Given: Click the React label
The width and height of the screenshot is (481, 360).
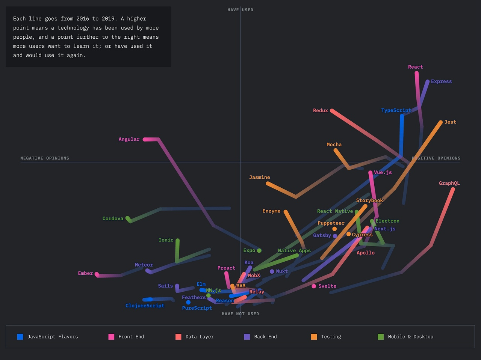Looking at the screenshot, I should point(415,67).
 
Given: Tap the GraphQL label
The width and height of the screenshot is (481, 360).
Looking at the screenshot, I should point(449,183).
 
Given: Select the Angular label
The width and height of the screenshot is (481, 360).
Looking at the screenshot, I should point(129,139).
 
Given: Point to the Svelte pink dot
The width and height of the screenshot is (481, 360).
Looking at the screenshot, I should point(314,286).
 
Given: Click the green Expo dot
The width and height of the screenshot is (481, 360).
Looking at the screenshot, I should point(259,251).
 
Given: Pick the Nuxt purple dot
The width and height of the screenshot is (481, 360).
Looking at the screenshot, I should point(272,271).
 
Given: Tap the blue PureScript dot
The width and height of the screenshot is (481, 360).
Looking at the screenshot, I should point(188,302).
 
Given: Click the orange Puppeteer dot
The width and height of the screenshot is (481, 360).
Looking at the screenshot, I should point(334,229).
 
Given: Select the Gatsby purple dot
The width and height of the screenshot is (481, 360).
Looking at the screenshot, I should point(335,236).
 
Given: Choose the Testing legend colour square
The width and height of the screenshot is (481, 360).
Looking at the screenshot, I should point(314,337).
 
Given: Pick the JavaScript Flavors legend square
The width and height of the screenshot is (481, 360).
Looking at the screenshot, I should point(20,337).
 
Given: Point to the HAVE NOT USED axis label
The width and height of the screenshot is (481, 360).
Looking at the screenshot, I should point(240,314).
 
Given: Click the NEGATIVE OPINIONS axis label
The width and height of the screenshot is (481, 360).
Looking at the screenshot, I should point(45,158).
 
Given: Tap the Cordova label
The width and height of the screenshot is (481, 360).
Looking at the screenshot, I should point(113,218).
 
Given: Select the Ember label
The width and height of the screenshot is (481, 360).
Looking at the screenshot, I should point(85,273).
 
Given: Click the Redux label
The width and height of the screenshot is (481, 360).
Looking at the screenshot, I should point(320,111).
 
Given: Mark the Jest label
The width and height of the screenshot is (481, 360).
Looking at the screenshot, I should point(450,122).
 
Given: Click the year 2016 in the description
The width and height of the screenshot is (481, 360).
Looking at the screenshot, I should point(83,19).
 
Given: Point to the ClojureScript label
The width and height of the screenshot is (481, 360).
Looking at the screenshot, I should point(145,306).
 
